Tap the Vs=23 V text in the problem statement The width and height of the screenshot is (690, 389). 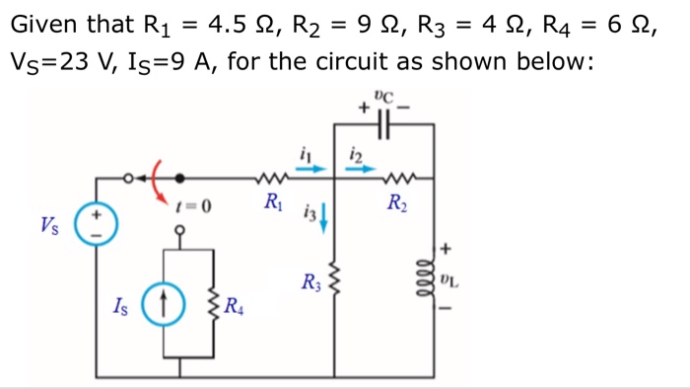(x=55, y=63)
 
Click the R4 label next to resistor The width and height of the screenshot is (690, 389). (x=233, y=304)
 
